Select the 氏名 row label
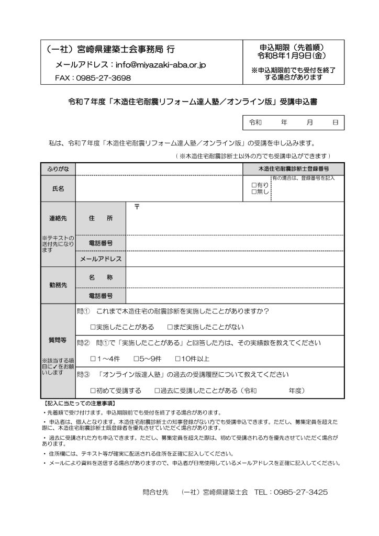click(58, 188)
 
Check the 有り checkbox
click(254, 185)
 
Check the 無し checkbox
click(254, 192)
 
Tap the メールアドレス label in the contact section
click(101, 259)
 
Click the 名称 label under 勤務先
click(101, 277)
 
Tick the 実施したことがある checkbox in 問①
click(93, 327)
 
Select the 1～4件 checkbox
click(93, 359)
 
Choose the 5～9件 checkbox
click(137, 359)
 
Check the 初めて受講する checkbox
click(93, 390)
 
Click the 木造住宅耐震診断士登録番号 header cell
click(294, 169)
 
